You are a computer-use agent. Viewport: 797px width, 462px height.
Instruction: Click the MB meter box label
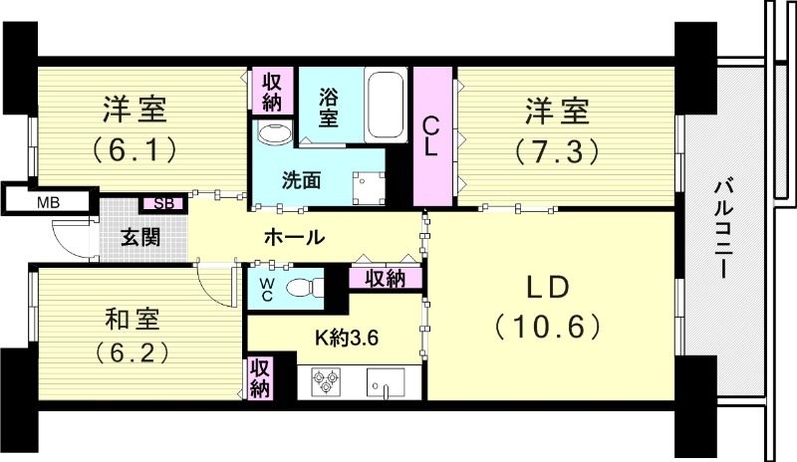tap(48, 203)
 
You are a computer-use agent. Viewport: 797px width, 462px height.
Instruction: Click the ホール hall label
tap(294, 237)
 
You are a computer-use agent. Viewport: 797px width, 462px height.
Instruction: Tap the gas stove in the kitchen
tap(327, 380)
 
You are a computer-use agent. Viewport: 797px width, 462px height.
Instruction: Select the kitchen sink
tap(385, 381)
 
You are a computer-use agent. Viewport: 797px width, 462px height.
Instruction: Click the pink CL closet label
tap(430, 136)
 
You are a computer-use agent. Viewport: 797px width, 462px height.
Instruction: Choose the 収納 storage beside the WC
tap(385, 278)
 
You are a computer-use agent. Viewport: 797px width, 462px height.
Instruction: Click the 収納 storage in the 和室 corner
tap(259, 377)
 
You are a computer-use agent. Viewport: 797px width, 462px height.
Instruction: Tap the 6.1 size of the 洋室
tap(134, 150)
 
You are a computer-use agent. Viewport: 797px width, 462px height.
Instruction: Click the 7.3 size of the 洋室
tap(556, 150)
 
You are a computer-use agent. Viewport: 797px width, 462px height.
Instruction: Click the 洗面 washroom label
tap(301, 181)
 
